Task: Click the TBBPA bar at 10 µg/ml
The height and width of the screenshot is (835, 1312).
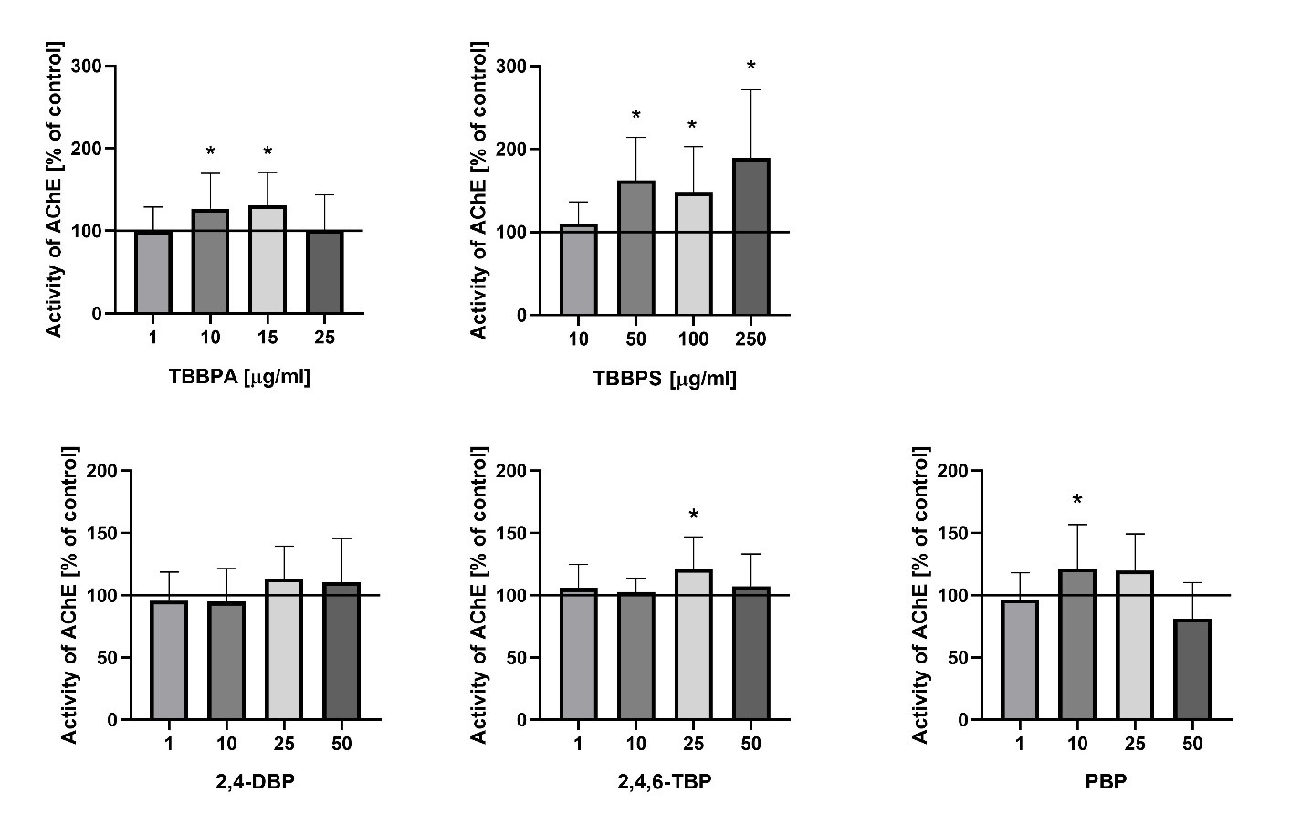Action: (210, 262)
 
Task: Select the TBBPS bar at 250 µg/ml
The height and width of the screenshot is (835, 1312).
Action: (751, 237)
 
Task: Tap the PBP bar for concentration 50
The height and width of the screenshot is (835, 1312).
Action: (1192, 670)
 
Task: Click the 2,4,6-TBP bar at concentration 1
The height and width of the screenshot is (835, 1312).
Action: (579, 654)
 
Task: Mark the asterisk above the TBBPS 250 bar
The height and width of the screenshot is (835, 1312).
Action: (751, 67)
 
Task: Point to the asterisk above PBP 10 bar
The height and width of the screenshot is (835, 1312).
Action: (1077, 501)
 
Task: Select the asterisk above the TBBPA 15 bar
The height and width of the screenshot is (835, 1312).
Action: (268, 152)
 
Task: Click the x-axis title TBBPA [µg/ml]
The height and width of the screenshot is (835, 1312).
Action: (239, 377)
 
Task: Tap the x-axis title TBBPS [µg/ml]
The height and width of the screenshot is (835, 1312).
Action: (665, 379)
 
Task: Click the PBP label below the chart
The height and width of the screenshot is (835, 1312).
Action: (1107, 782)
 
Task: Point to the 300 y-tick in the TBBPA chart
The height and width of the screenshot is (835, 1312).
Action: (88, 67)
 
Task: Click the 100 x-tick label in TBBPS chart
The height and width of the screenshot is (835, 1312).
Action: (694, 339)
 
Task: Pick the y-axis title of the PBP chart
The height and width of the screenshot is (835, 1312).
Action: (920, 595)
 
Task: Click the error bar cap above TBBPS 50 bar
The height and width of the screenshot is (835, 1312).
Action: (636, 138)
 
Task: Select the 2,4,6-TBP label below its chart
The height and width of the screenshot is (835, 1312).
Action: (665, 782)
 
